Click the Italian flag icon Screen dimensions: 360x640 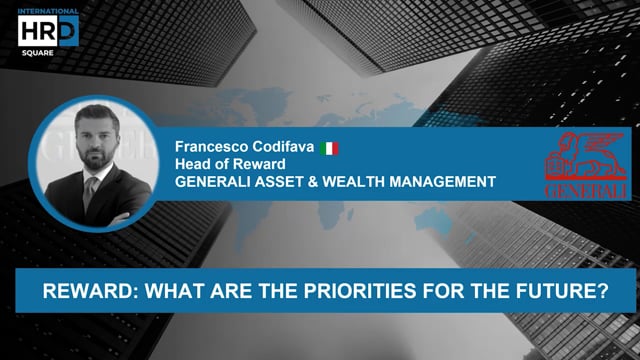(329, 148)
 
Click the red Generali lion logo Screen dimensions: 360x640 (586, 155)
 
